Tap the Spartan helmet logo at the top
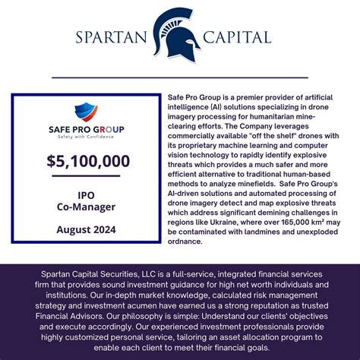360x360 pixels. [174, 35]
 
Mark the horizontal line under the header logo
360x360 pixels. [180, 77]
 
